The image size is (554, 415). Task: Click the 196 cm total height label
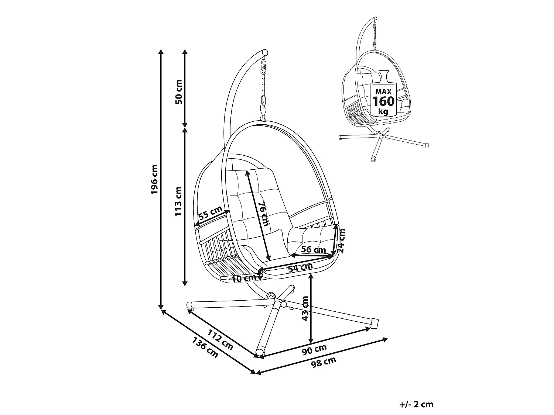click(x=154, y=179)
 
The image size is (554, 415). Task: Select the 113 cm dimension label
click(x=179, y=201)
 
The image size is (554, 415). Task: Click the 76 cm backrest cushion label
click(x=262, y=214)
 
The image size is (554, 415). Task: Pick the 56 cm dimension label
click(x=313, y=249)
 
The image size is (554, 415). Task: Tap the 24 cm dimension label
click(x=342, y=241)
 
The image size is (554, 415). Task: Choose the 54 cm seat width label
click(x=300, y=267)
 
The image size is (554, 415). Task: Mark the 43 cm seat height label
click(x=305, y=308)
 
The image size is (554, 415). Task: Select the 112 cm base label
click(x=220, y=339)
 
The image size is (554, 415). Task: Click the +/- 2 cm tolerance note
click(x=416, y=404)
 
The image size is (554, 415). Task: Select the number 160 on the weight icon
click(x=383, y=101)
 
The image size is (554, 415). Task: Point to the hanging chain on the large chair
click(x=264, y=89)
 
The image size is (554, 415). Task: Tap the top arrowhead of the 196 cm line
click(x=161, y=51)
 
